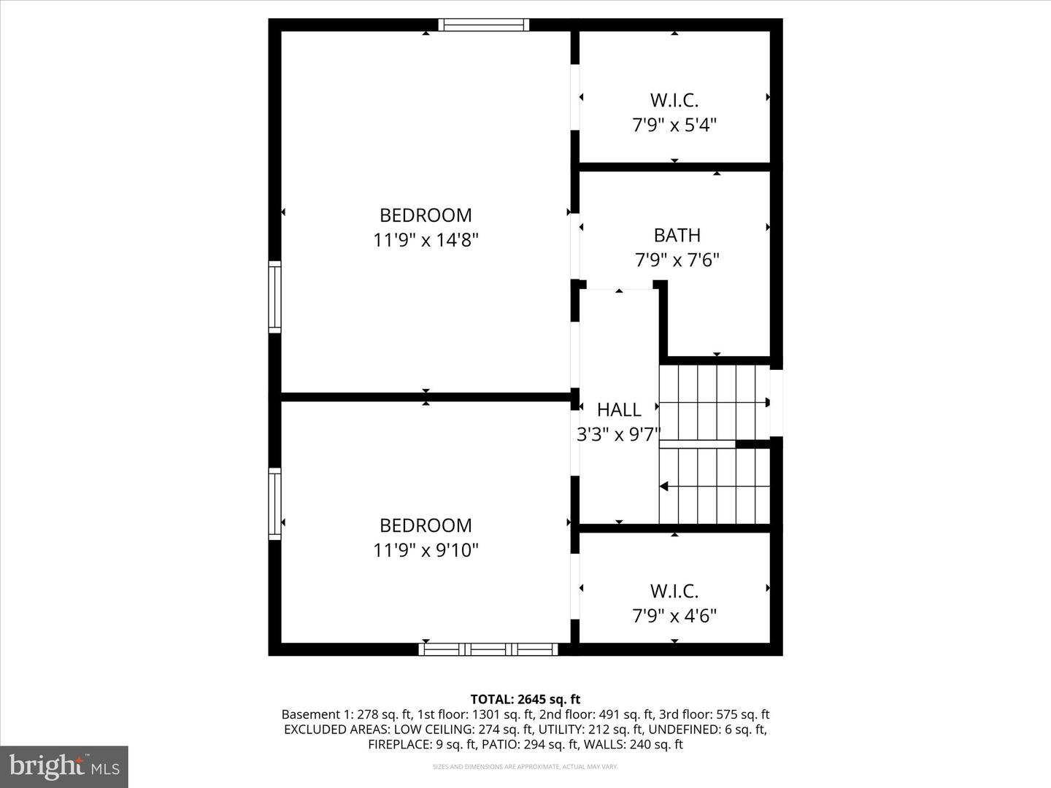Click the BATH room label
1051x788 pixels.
(x=677, y=235)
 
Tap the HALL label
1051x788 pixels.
(x=619, y=409)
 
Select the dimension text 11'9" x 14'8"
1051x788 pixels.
(x=426, y=240)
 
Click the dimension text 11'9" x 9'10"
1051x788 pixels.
(x=426, y=550)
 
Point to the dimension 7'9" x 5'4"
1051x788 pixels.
(x=674, y=125)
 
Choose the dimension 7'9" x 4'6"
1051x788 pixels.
(x=674, y=616)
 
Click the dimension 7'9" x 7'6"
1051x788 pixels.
(x=677, y=260)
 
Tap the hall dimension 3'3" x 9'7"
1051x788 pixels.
(x=618, y=435)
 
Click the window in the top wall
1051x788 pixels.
(x=483, y=25)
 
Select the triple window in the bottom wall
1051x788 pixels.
(x=488, y=649)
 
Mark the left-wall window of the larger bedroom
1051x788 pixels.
(x=275, y=297)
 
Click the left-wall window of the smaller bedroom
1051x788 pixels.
(x=275, y=503)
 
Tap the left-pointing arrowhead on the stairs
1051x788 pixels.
(x=664, y=486)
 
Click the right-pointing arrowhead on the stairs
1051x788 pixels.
(x=766, y=402)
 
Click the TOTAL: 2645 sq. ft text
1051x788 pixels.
(x=525, y=700)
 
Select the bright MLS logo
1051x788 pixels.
(x=64, y=766)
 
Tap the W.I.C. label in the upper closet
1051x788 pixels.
(x=674, y=100)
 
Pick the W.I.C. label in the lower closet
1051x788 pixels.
(x=674, y=591)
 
